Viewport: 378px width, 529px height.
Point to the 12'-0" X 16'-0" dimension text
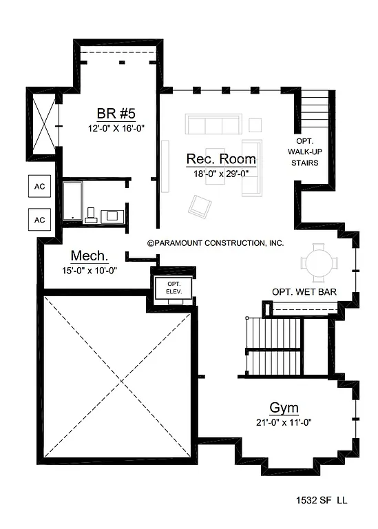tap(116, 128)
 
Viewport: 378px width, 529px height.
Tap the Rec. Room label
tap(221, 160)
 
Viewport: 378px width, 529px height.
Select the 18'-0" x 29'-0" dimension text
tap(221, 174)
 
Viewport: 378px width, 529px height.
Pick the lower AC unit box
tap(39, 219)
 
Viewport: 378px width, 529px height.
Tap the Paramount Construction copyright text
tap(216, 243)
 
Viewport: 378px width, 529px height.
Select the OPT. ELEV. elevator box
tap(169, 287)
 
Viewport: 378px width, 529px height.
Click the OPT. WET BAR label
tap(304, 293)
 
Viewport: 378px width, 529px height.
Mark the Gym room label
tap(283, 407)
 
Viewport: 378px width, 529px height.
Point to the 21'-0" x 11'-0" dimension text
tap(283, 422)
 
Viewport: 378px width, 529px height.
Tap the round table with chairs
tap(319, 262)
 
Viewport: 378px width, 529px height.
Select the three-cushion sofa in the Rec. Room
tap(212, 125)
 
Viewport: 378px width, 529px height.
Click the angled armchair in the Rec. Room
tap(202, 205)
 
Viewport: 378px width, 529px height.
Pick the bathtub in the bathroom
tap(72, 200)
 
